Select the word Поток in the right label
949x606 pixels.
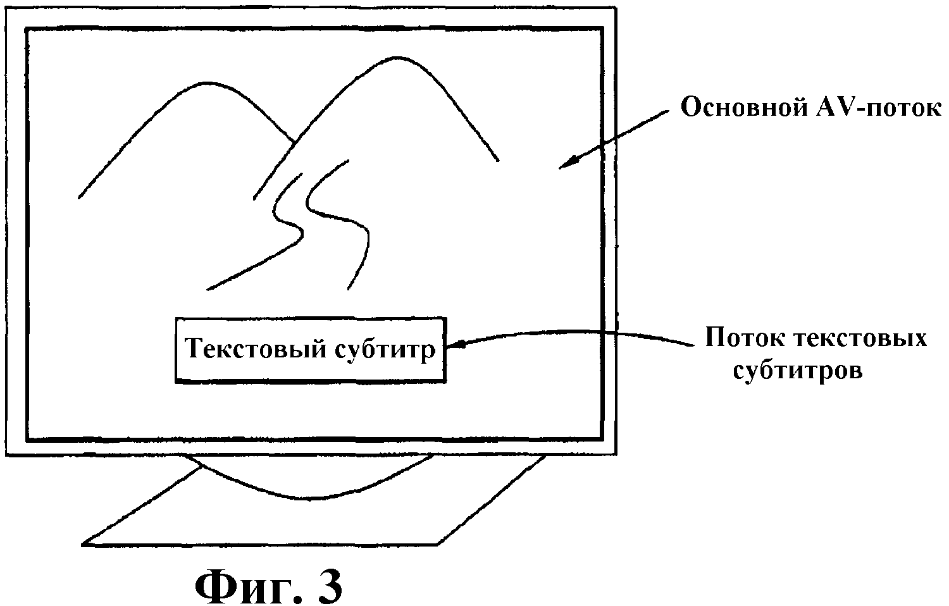(741, 338)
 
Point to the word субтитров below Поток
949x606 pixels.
(798, 370)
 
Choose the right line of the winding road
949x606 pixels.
(354, 228)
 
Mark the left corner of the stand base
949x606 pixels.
(85, 541)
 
